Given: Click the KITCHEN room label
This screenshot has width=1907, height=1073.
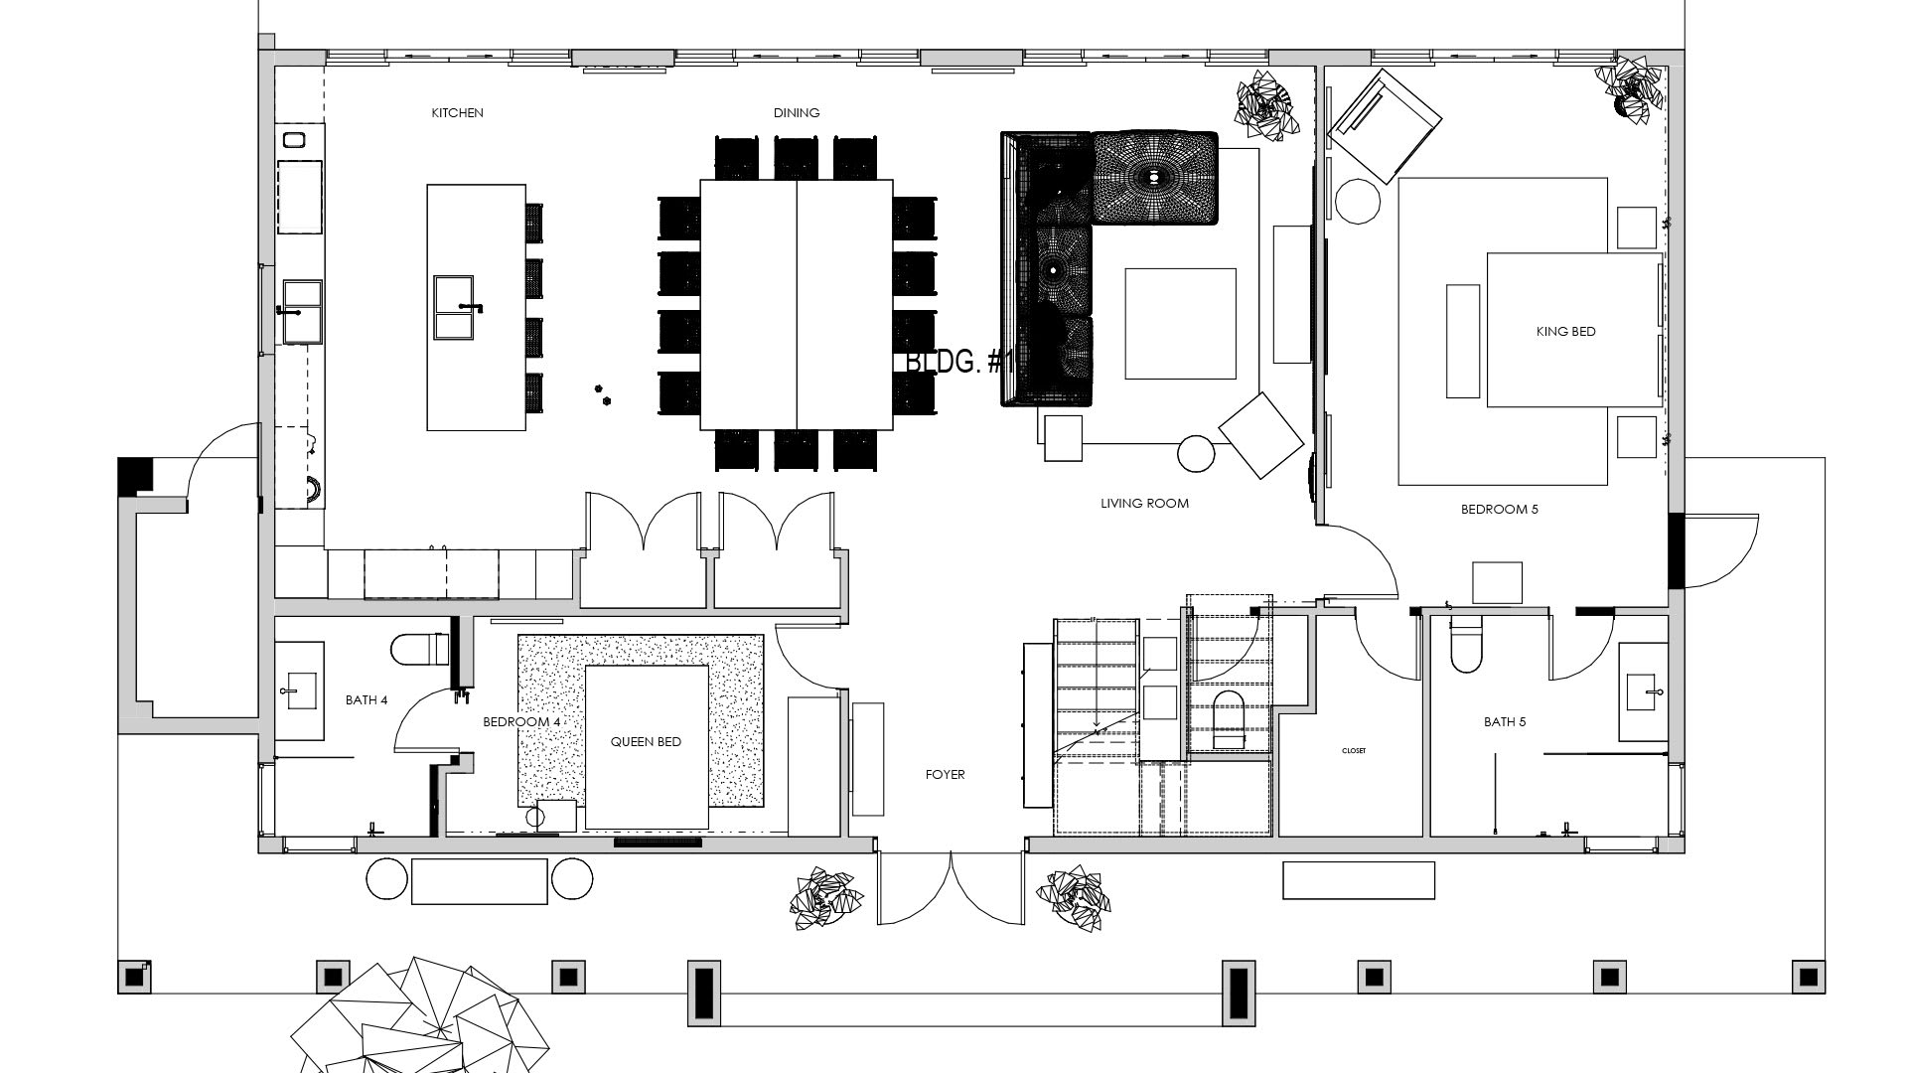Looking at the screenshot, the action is tap(457, 113).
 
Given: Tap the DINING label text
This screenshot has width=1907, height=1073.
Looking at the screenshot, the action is tap(797, 113).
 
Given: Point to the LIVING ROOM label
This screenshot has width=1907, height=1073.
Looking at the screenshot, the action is tap(1144, 504).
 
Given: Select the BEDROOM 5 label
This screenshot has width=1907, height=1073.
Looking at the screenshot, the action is tap(1499, 510).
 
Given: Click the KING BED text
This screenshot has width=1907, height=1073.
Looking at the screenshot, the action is tap(1565, 332).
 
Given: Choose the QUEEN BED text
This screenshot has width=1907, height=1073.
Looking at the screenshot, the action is tap(646, 742).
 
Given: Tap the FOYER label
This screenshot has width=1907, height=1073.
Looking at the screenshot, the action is tap(945, 775).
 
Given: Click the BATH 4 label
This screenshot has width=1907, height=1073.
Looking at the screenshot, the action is tap(367, 700).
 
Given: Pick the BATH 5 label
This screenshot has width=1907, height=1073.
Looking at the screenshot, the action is tap(1505, 722).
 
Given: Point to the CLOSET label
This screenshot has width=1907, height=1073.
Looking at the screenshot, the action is tap(1353, 751).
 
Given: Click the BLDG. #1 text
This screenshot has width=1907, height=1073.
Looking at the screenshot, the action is tap(959, 362).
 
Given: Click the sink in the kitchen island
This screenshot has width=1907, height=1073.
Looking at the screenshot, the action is tap(460, 308).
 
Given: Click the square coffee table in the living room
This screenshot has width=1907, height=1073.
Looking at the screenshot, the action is tap(1180, 324).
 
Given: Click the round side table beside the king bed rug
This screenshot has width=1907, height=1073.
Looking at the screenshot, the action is tap(1358, 202).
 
